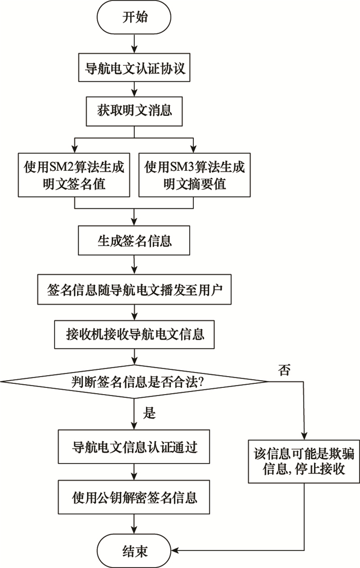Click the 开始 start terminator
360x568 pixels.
[x=134, y=17]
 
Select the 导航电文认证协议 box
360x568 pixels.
[x=134, y=68]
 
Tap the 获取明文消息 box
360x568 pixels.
[x=134, y=111]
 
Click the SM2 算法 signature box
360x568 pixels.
[x=74, y=175]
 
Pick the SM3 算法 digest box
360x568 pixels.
[x=194, y=175]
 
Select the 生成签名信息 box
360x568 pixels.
[x=134, y=241]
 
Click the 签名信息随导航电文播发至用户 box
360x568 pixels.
[x=134, y=290]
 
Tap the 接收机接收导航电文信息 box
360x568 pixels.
[x=134, y=334]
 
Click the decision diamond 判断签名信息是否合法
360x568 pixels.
[x=134, y=381]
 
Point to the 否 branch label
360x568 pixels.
[x=284, y=370]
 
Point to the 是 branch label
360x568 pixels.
[x=149, y=413]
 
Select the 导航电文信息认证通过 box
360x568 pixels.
[x=134, y=447]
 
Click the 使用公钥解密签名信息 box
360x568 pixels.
[x=134, y=497]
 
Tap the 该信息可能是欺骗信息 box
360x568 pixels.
[x=304, y=461]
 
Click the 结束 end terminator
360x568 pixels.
[x=134, y=551]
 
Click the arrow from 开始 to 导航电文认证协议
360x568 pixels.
[x=134, y=44]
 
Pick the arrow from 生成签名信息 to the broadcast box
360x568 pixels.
[x=134, y=265]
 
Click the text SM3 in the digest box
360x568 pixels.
[x=177, y=167]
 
